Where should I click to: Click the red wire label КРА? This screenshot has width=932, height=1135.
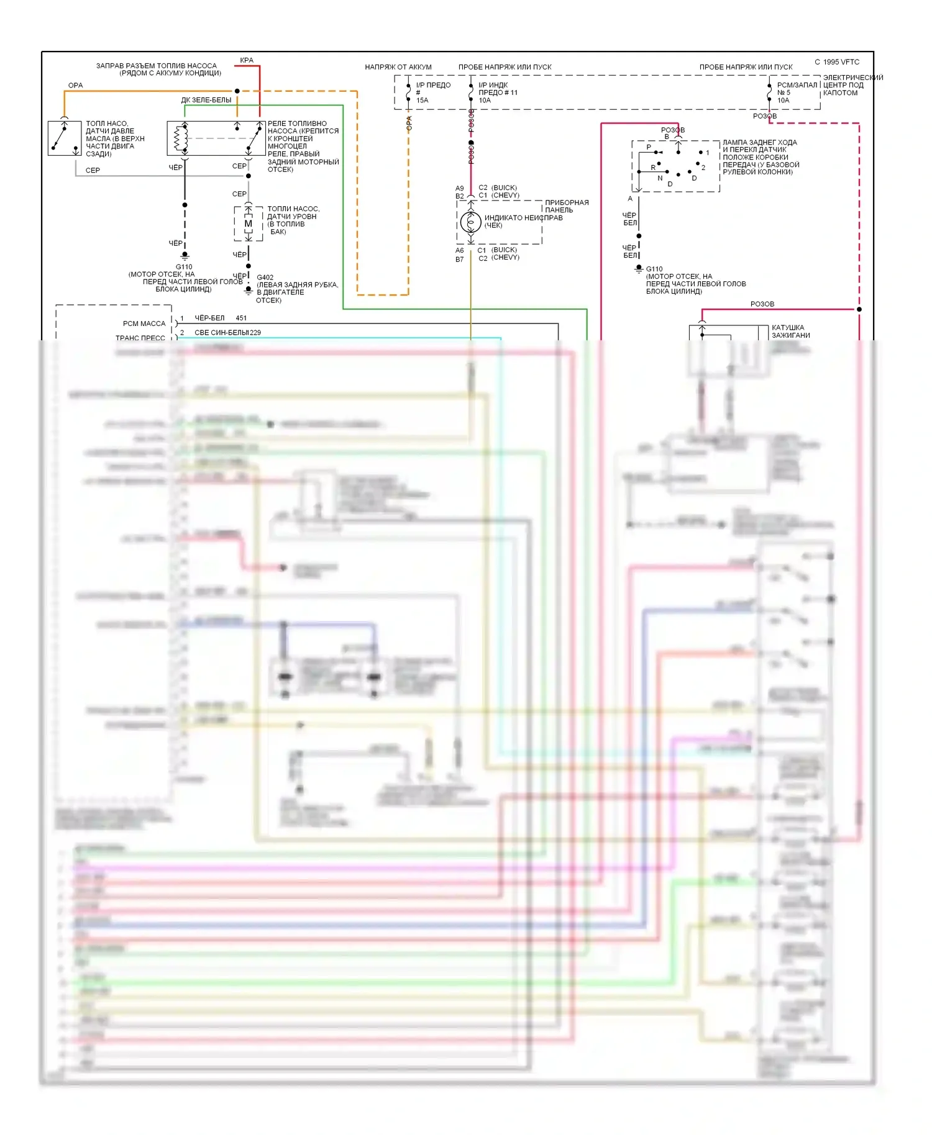point(247,60)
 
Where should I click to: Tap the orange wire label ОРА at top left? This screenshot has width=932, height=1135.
point(75,85)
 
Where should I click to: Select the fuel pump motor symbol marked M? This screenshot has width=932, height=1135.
point(249,224)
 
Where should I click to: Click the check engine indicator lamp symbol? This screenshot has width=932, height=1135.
point(470,222)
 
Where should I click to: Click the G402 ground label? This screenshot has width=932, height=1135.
point(265,278)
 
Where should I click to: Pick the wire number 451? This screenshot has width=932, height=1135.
point(241,318)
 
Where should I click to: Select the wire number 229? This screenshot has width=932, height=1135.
point(255,333)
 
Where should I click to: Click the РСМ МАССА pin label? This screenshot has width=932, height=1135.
point(144,323)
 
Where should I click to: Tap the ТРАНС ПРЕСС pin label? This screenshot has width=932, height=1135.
point(140,338)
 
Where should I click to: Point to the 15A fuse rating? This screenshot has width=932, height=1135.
point(423,101)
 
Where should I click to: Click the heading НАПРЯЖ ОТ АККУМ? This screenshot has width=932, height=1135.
point(398,67)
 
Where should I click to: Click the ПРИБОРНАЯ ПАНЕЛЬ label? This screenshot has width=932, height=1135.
point(567,206)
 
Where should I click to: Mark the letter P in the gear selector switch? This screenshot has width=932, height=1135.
point(649,147)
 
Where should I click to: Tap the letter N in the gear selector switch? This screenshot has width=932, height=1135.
point(660,178)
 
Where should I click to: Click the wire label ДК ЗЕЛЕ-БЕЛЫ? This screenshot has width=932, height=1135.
point(206,100)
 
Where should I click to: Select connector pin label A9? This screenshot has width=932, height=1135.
point(460,188)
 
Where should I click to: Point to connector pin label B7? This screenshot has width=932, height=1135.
point(460,260)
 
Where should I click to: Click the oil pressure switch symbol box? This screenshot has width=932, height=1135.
point(65,138)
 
